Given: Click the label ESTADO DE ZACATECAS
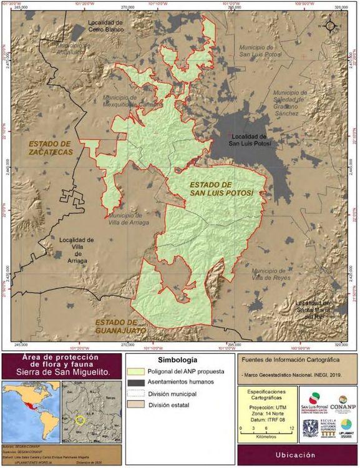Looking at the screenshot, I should pos(51,147).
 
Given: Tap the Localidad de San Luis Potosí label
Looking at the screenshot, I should pos(248,139).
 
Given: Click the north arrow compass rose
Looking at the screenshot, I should pos(330,26).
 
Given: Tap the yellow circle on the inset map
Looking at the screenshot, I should pos(79,419).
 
